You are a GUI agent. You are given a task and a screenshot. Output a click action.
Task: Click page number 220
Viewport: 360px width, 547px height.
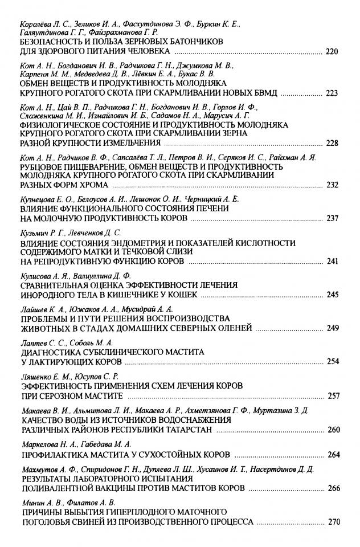(332, 52)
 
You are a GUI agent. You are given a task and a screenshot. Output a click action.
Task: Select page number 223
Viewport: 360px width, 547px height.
(332, 93)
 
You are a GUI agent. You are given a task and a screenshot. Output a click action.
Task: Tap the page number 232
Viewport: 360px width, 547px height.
(332, 185)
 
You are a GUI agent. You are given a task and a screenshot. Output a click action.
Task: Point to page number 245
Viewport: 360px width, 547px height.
(332, 295)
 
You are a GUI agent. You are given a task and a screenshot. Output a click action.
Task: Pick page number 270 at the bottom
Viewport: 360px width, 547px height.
(332, 521)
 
